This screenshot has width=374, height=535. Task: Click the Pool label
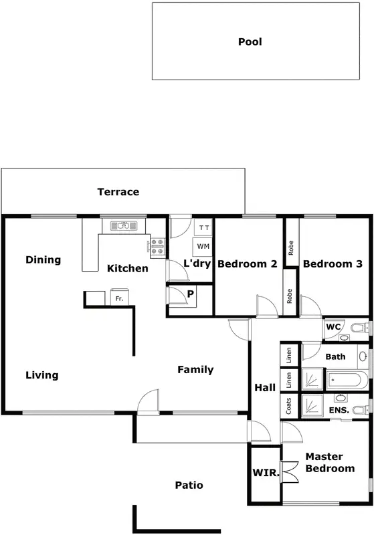click(x=250, y=41)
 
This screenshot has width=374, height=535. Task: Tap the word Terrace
click(x=118, y=192)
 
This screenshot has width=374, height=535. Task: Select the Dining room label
click(x=43, y=259)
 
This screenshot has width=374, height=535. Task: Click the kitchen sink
click(x=123, y=225)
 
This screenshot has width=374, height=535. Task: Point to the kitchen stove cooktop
click(x=158, y=247)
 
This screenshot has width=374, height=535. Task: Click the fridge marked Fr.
click(x=119, y=298)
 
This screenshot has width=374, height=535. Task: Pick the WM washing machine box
click(x=204, y=247)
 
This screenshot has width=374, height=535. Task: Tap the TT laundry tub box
click(x=204, y=228)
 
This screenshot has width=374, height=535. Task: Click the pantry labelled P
click(x=190, y=294)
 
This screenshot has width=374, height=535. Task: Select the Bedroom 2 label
click(x=247, y=264)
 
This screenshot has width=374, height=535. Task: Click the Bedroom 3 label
click(x=333, y=264)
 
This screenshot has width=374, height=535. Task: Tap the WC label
click(x=334, y=327)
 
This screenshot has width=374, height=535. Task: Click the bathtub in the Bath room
click(x=345, y=381)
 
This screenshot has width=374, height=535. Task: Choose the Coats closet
click(x=288, y=406)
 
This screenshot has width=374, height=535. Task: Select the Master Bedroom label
click(x=330, y=462)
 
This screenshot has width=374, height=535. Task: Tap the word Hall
click(x=265, y=388)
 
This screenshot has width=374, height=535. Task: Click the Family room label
click(x=195, y=370)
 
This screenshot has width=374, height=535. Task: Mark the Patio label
click(x=189, y=485)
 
